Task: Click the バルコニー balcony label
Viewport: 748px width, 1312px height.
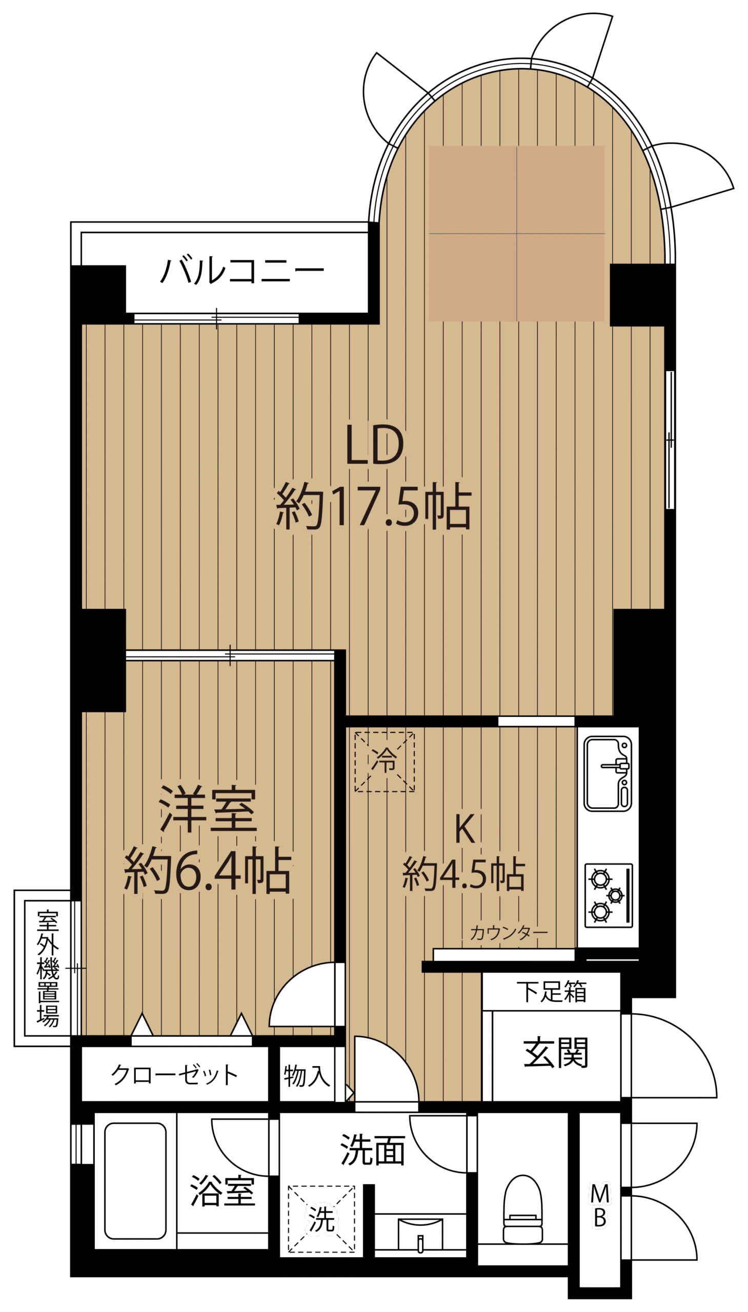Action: coord(242,271)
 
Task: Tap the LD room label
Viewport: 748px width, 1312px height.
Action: coord(375,445)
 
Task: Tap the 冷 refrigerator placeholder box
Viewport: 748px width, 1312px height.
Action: coord(385,762)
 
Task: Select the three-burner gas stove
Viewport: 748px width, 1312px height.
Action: coord(608,895)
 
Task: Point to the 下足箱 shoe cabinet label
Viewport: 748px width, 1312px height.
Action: coord(551,991)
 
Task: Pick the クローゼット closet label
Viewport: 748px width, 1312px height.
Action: coord(175,1074)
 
